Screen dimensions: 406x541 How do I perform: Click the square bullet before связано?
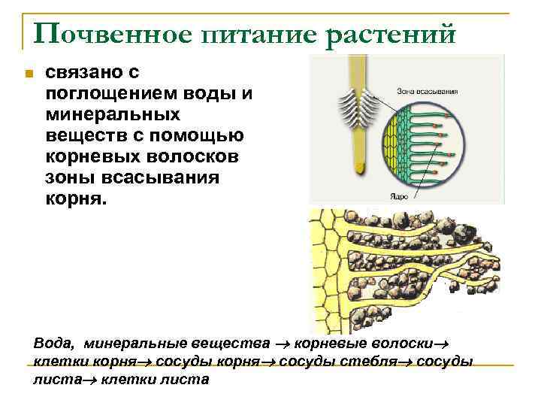pos(27,74)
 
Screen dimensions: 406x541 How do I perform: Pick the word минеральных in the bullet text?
pos(113,116)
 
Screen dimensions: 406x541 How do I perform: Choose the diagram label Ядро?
pos(399,195)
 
